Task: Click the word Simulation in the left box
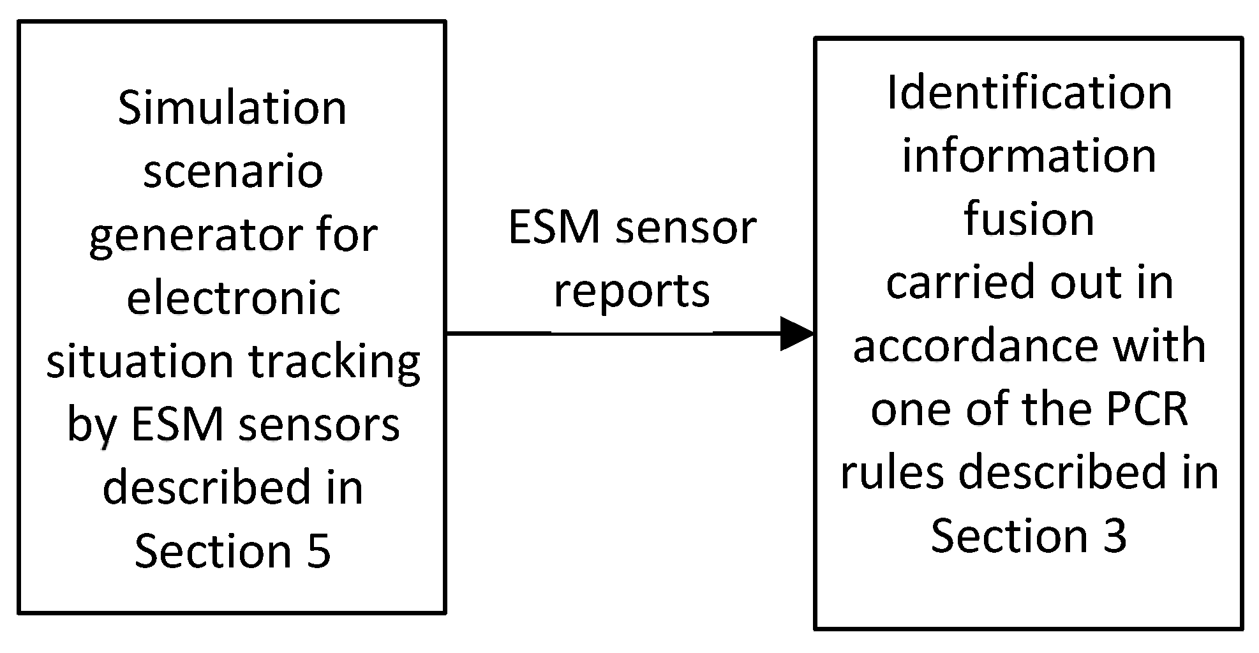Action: [x=232, y=108]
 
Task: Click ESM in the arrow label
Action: [x=555, y=228]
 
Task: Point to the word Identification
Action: [x=1029, y=93]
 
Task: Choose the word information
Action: [x=1029, y=156]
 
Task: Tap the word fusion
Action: [x=1029, y=219]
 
